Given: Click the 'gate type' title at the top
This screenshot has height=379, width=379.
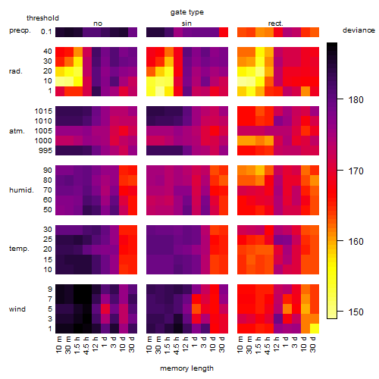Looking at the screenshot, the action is (x=187, y=12).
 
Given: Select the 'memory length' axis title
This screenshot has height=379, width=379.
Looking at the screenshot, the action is (x=186, y=368).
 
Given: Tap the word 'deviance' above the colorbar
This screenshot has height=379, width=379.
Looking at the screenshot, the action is (x=359, y=30).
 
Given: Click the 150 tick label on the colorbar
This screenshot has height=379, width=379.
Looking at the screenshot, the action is (x=356, y=312).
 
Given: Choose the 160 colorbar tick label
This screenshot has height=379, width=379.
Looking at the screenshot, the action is (x=356, y=242).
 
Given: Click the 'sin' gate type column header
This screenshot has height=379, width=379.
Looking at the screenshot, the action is (x=186, y=23).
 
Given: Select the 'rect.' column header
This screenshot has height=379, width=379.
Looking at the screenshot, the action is (x=276, y=23).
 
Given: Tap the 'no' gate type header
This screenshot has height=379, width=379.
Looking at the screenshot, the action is (x=98, y=23).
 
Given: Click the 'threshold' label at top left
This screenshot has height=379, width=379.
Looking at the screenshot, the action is (x=42, y=18).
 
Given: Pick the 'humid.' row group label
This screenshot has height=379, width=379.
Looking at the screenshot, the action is (x=21, y=189).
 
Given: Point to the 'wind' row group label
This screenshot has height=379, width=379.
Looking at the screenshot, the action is (x=17, y=309).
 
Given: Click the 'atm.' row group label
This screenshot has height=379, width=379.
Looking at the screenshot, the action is (x=17, y=131).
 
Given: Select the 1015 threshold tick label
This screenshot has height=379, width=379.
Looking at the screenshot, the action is (x=43, y=111).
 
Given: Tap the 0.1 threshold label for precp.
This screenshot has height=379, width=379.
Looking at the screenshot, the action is (x=46, y=32).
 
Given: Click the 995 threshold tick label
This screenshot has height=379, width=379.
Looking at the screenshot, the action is (x=45, y=151).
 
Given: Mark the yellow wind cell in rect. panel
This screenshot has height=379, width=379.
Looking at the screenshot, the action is (x=315, y=328).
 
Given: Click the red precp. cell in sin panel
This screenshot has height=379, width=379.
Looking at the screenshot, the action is (x=224, y=32).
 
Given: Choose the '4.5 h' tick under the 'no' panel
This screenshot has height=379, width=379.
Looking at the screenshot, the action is (x=86, y=346).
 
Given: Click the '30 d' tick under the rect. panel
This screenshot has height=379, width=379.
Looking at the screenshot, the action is (x=313, y=344).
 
